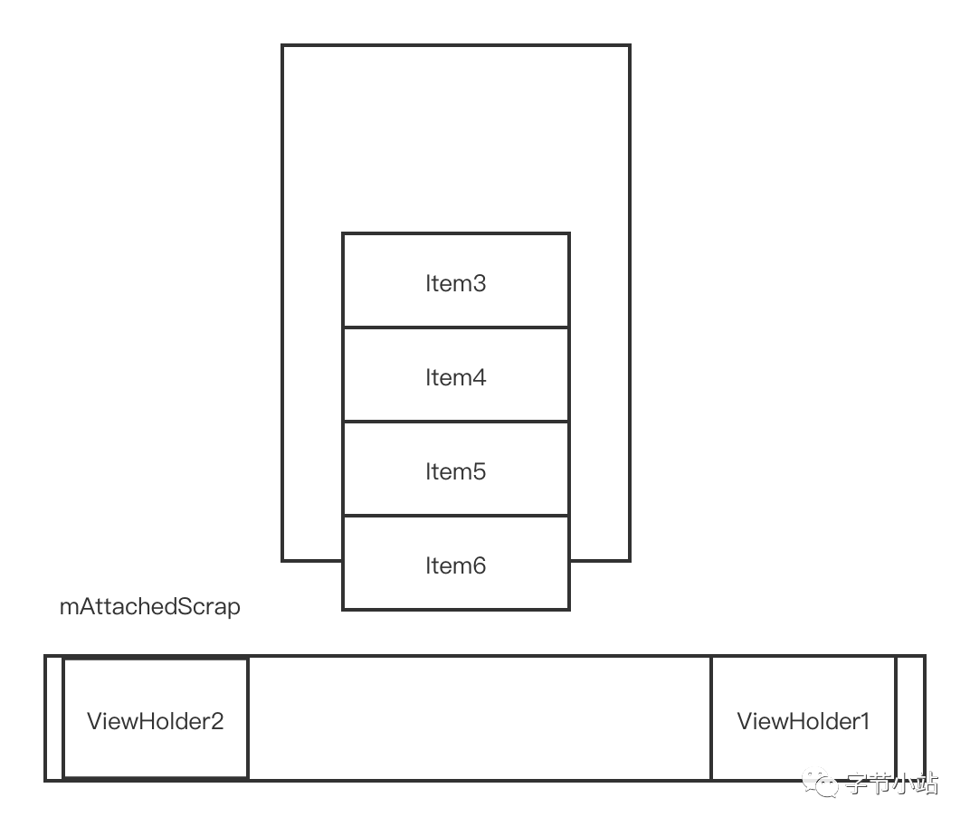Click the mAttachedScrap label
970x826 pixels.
pos(150,606)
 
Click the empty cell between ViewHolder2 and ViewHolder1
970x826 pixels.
pos(480,718)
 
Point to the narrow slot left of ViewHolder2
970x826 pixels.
pos(54,718)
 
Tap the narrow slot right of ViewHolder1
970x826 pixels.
pos(910,718)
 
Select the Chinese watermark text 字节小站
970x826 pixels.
pos(891,783)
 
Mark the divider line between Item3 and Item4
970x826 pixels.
pos(455,328)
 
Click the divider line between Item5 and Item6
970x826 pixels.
pos(455,516)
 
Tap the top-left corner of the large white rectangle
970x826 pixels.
pos(283,46)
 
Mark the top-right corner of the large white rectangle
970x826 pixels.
pos(629,46)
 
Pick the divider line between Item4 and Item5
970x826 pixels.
pos(455,422)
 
